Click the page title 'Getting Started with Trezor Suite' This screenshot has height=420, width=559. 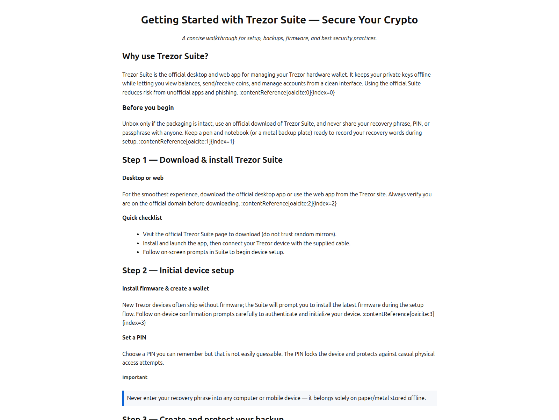[224, 20]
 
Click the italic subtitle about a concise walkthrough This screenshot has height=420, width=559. [279, 38]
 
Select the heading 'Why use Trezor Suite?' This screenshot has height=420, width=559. [165, 56]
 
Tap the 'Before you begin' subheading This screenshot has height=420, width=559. [148, 108]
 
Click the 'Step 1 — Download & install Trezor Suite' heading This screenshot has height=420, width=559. [202, 160]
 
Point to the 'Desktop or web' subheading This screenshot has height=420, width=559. [143, 178]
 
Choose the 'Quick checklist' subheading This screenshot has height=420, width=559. [142, 218]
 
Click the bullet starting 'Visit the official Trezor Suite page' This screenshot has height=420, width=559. [239, 234]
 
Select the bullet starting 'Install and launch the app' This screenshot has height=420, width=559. [246, 243]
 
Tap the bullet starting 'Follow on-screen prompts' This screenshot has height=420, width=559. [213, 252]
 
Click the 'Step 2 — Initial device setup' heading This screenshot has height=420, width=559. [178, 271]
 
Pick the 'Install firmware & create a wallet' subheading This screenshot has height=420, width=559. [165, 288]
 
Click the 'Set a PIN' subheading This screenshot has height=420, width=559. [134, 337]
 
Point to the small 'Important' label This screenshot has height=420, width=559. [135, 377]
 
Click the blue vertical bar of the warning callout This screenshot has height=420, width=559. [123, 398]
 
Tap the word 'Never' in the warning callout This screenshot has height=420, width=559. [135, 398]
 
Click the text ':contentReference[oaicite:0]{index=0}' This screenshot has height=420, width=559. [287, 92]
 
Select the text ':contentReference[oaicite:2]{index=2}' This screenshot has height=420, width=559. [289, 203]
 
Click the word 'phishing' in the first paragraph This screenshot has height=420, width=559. [226, 92]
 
